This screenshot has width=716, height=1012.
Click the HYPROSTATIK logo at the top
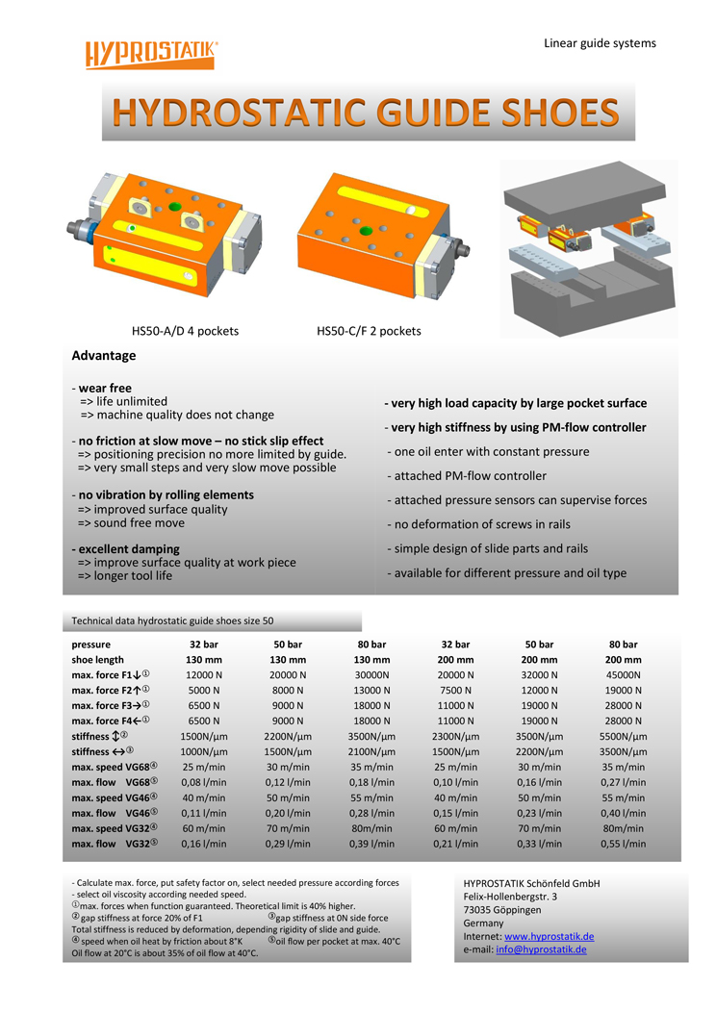coord(151,54)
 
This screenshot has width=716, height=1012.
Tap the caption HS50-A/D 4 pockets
coord(185,331)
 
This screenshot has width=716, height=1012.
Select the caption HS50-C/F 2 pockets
coord(369,331)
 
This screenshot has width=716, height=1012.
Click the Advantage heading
coord(103,356)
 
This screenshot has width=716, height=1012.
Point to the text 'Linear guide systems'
coord(600,43)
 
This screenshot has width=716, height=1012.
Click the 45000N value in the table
coord(623,675)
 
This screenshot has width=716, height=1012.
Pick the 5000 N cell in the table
coord(203,691)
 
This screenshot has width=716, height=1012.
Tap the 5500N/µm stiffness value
coord(623,737)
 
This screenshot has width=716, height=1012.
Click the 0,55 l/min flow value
coord(623,844)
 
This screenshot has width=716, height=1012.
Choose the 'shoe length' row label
coord(97,660)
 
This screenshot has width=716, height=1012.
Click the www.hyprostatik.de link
coord(549,936)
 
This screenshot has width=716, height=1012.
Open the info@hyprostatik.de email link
coord(541,949)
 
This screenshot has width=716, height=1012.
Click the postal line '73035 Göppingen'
coord(502,910)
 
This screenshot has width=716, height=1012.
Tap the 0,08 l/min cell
coord(203,782)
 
